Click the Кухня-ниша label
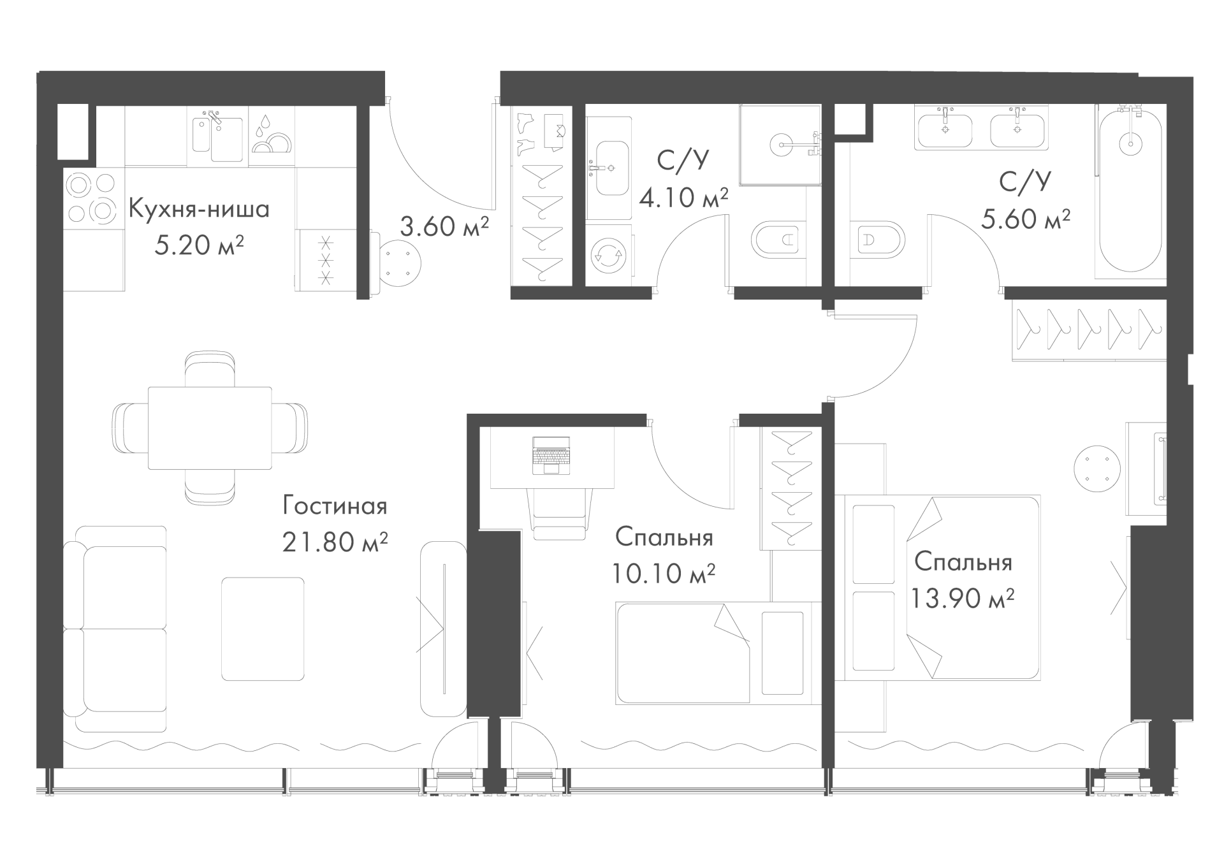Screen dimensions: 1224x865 pyautogui.click(x=199, y=208)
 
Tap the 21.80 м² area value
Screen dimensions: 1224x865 pyautogui.click(x=335, y=542)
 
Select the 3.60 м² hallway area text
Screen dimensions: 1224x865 pyautogui.click(x=444, y=226)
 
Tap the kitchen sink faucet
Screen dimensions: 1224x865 pyautogui.click(x=215, y=117)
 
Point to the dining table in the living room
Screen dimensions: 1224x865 pyautogui.click(x=210, y=428)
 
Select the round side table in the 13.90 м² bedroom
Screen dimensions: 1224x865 pyautogui.click(x=1097, y=468)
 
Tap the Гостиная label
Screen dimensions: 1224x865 pyautogui.click(x=335, y=506)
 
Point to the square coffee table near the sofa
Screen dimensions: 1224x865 pyautogui.click(x=263, y=629)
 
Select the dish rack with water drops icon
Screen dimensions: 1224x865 pyautogui.click(x=271, y=137)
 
